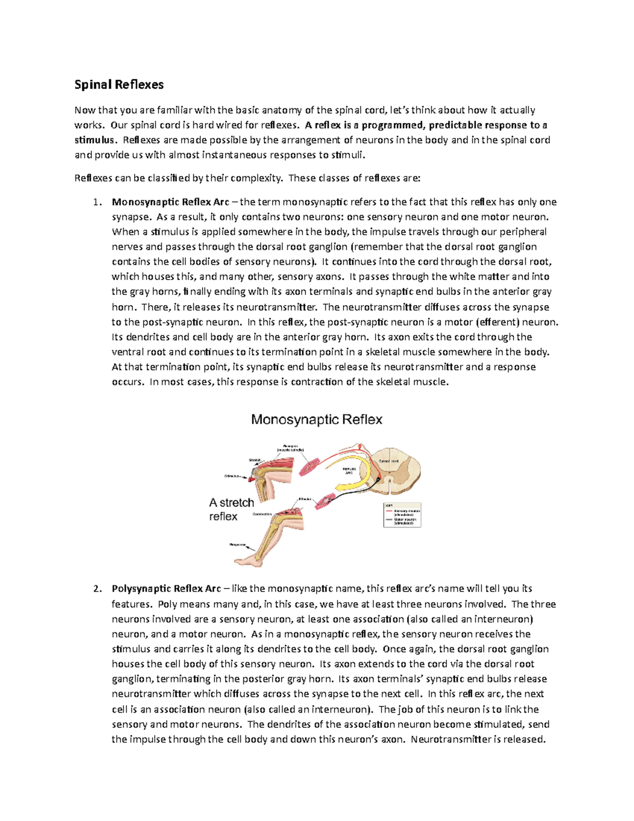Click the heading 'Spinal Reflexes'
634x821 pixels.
point(119,85)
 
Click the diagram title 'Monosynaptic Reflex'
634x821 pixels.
point(316,419)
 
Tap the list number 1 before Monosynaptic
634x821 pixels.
point(96,202)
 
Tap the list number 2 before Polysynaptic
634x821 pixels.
point(96,588)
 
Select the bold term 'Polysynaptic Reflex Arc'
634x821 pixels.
point(166,588)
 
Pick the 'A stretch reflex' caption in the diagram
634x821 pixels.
point(231,509)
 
